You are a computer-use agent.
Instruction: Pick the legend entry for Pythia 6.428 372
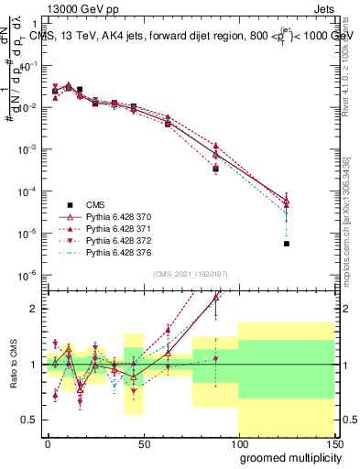(x=110, y=239)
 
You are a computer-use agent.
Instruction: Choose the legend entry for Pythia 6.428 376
(x=110, y=251)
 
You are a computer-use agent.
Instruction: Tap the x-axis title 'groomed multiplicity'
(x=286, y=456)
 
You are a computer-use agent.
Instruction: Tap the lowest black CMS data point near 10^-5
(x=287, y=244)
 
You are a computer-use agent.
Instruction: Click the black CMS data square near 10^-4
(x=215, y=169)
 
